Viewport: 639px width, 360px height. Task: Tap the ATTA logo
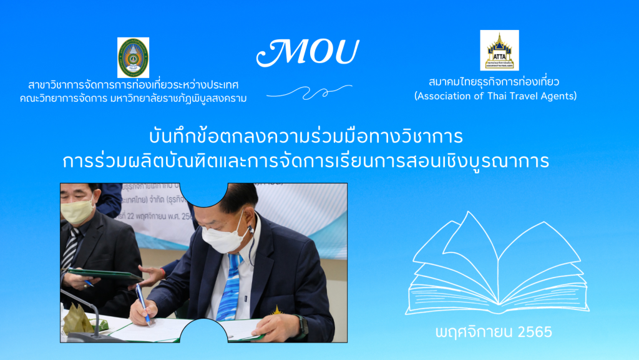499,50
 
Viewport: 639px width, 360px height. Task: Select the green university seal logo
133,57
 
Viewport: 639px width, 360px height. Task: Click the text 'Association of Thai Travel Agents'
495,96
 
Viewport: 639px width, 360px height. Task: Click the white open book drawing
497,265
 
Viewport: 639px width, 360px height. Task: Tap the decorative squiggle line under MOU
309,91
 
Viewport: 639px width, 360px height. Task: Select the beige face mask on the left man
77,212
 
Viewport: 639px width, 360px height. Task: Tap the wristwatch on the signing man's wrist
304,326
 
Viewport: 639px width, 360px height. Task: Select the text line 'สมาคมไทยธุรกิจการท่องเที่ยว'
495,82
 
